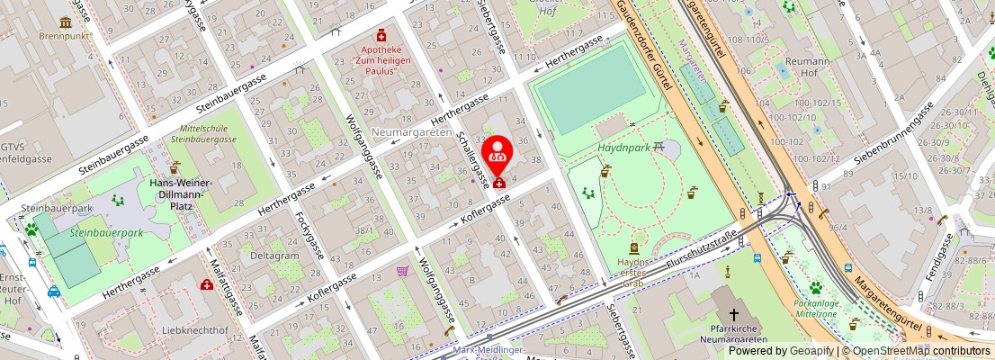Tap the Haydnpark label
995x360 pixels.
pos(623,146)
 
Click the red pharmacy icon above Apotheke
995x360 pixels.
pos(381,35)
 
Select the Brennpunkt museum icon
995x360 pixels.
pos(65,22)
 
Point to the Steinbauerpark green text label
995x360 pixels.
pos(106,233)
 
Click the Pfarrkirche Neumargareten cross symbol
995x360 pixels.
pos(734,314)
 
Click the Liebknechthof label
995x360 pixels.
pos(197,330)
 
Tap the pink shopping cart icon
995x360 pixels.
pos(402,270)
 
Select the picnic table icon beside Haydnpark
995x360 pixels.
pos(659,146)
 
